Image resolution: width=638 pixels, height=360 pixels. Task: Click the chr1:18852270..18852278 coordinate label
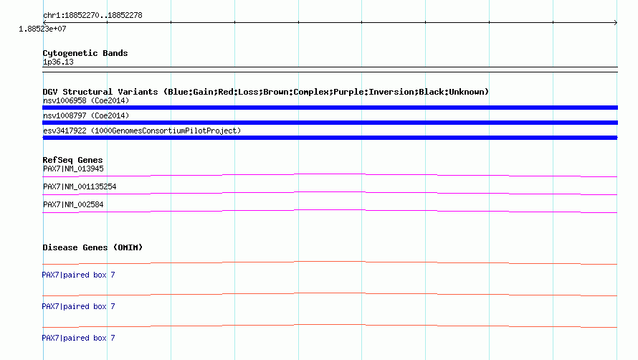(x=92, y=16)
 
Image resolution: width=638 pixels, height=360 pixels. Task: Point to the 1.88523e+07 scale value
(x=42, y=29)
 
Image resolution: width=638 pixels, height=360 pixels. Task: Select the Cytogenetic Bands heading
(x=85, y=53)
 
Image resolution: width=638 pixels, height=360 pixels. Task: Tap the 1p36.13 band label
(x=58, y=62)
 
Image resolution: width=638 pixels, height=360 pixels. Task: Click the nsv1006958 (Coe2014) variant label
(x=86, y=100)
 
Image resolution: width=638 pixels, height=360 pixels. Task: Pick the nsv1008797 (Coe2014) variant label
(x=86, y=115)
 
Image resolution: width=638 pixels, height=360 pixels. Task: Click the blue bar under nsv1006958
(x=330, y=108)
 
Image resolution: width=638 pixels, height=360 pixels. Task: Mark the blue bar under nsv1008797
(x=330, y=123)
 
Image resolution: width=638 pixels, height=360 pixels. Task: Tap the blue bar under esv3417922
(x=330, y=138)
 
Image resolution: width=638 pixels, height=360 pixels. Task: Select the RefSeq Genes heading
(x=72, y=160)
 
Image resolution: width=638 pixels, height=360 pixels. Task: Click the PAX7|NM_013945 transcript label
(x=73, y=169)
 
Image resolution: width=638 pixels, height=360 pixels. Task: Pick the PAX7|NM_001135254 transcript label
(x=80, y=187)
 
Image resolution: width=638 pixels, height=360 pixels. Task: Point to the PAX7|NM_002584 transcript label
(x=73, y=205)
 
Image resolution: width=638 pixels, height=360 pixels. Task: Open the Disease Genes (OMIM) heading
(x=92, y=247)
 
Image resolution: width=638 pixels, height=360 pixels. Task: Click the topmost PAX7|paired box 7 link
(x=79, y=275)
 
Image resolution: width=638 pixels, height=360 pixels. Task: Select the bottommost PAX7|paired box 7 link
(x=79, y=338)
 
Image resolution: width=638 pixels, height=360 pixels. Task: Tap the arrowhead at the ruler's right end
(x=616, y=22)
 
